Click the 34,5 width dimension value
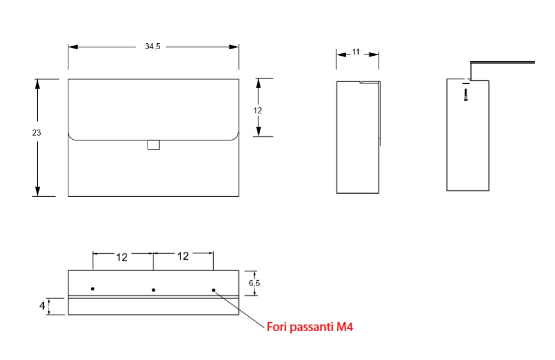click(x=152, y=46)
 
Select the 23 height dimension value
click(x=37, y=133)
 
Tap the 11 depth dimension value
click(x=356, y=52)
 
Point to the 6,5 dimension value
click(x=254, y=283)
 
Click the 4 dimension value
click(x=42, y=305)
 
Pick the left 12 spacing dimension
click(x=122, y=257)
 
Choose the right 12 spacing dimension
click(x=183, y=256)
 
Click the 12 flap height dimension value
click(x=257, y=110)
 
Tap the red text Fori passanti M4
click(x=310, y=327)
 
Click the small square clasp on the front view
click(x=154, y=145)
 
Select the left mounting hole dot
click(x=93, y=289)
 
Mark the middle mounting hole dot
click(x=153, y=290)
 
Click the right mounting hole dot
click(x=214, y=290)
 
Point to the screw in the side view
click(x=466, y=95)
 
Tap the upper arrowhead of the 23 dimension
click(x=37, y=84)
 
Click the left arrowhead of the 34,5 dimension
click(x=73, y=47)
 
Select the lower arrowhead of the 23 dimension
click(x=37, y=191)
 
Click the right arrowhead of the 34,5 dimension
click(x=234, y=47)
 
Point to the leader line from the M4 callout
click(x=239, y=310)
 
